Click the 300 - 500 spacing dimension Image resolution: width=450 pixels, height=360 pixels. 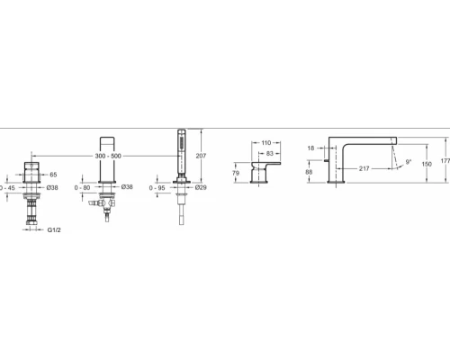coord(108,156)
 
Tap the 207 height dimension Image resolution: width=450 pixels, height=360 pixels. coord(201,156)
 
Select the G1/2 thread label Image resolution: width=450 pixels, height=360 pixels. coord(54,230)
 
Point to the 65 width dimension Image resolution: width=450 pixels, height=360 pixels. coord(53,175)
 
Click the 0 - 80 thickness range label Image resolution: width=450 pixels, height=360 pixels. coord(82,188)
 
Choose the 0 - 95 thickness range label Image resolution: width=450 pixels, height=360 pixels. coord(157,188)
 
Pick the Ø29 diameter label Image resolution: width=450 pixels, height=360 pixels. coord(201,187)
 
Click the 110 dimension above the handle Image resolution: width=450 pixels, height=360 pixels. coord(266,143)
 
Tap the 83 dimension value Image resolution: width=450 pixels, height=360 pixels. coord(270,154)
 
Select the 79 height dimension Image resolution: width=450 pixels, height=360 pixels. coord(236,173)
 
